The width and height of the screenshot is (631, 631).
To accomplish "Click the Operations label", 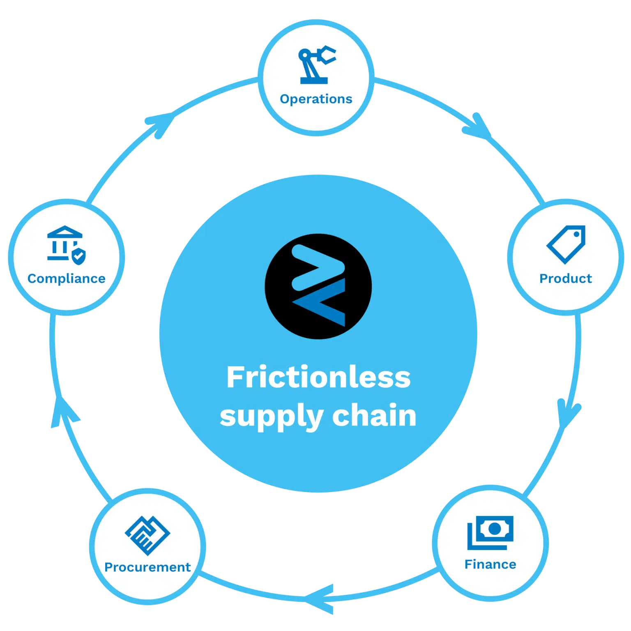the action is [x=316, y=99].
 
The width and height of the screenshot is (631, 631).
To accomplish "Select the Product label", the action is [x=566, y=279].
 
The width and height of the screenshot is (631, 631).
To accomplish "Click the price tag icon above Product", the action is [x=566, y=244].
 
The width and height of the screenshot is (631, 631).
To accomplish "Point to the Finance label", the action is [x=490, y=564].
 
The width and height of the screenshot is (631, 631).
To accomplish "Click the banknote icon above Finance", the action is [x=491, y=532].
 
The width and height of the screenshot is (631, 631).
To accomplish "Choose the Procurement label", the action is [x=147, y=567].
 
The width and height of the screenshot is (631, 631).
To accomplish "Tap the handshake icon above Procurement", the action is [x=147, y=536].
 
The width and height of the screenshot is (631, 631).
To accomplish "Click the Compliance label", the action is [x=67, y=279].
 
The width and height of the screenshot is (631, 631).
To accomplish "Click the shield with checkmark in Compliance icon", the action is [x=78, y=256].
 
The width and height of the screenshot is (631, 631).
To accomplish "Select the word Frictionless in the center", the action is [x=318, y=377].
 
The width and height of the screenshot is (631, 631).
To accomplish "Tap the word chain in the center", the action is [x=374, y=415].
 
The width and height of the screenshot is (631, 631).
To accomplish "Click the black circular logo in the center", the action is [x=318, y=286].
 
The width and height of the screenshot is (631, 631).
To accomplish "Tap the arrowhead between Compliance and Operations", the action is [x=161, y=124].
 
